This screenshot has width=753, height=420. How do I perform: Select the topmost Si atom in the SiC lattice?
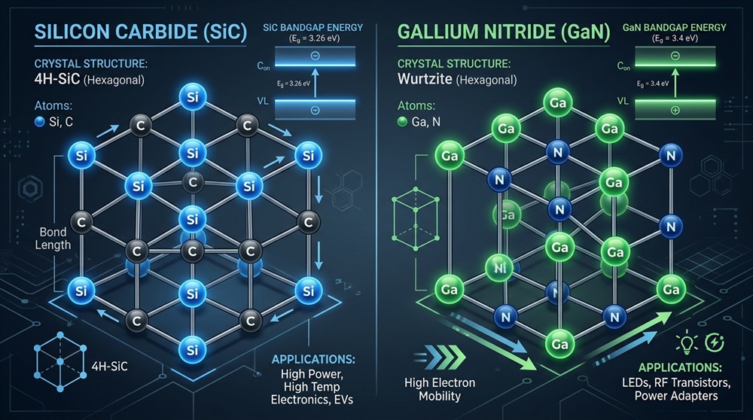[x=187, y=96]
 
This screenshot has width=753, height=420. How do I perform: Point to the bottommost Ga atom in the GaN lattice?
[x=558, y=344]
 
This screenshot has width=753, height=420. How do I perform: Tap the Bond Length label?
[x=53, y=239]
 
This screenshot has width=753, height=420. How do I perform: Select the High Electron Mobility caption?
[x=437, y=390]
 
